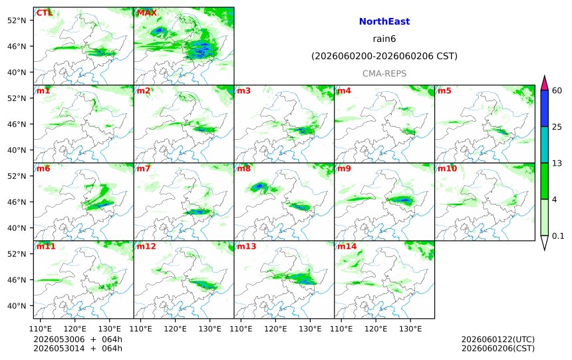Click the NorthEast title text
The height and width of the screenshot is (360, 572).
(x=384, y=21)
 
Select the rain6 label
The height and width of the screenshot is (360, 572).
(x=384, y=39)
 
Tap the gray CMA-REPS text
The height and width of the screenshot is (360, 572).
(x=384, y=73)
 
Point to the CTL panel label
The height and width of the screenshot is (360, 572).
(x=44, y=13)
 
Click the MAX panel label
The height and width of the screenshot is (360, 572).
(x=146, y=13)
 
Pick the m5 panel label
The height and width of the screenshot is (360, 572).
(x=444, y=90)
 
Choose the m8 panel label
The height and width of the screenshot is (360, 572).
(x=243, y=168)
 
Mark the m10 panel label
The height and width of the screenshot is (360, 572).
(x=447, y=168)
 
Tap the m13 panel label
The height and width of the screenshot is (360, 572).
(x=247, y=246)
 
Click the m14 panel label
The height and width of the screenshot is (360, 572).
(x=347, y=246)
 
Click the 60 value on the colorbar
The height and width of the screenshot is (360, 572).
(x=557, y=90)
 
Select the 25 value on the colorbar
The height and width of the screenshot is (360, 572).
(x=557, y=126)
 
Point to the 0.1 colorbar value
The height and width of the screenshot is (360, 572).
(x=558, y=236)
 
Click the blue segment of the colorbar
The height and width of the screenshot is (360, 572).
(x=545, y=108)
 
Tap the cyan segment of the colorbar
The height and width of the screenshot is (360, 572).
(x=545, y=144)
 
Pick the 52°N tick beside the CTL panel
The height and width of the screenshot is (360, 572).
(x=17, y=21)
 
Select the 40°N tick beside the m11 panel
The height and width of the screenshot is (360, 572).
(x=17, y=306)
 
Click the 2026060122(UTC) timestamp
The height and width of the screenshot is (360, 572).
(x=498, y=339)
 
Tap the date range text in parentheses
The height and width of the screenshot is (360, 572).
(x=384, y=56)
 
